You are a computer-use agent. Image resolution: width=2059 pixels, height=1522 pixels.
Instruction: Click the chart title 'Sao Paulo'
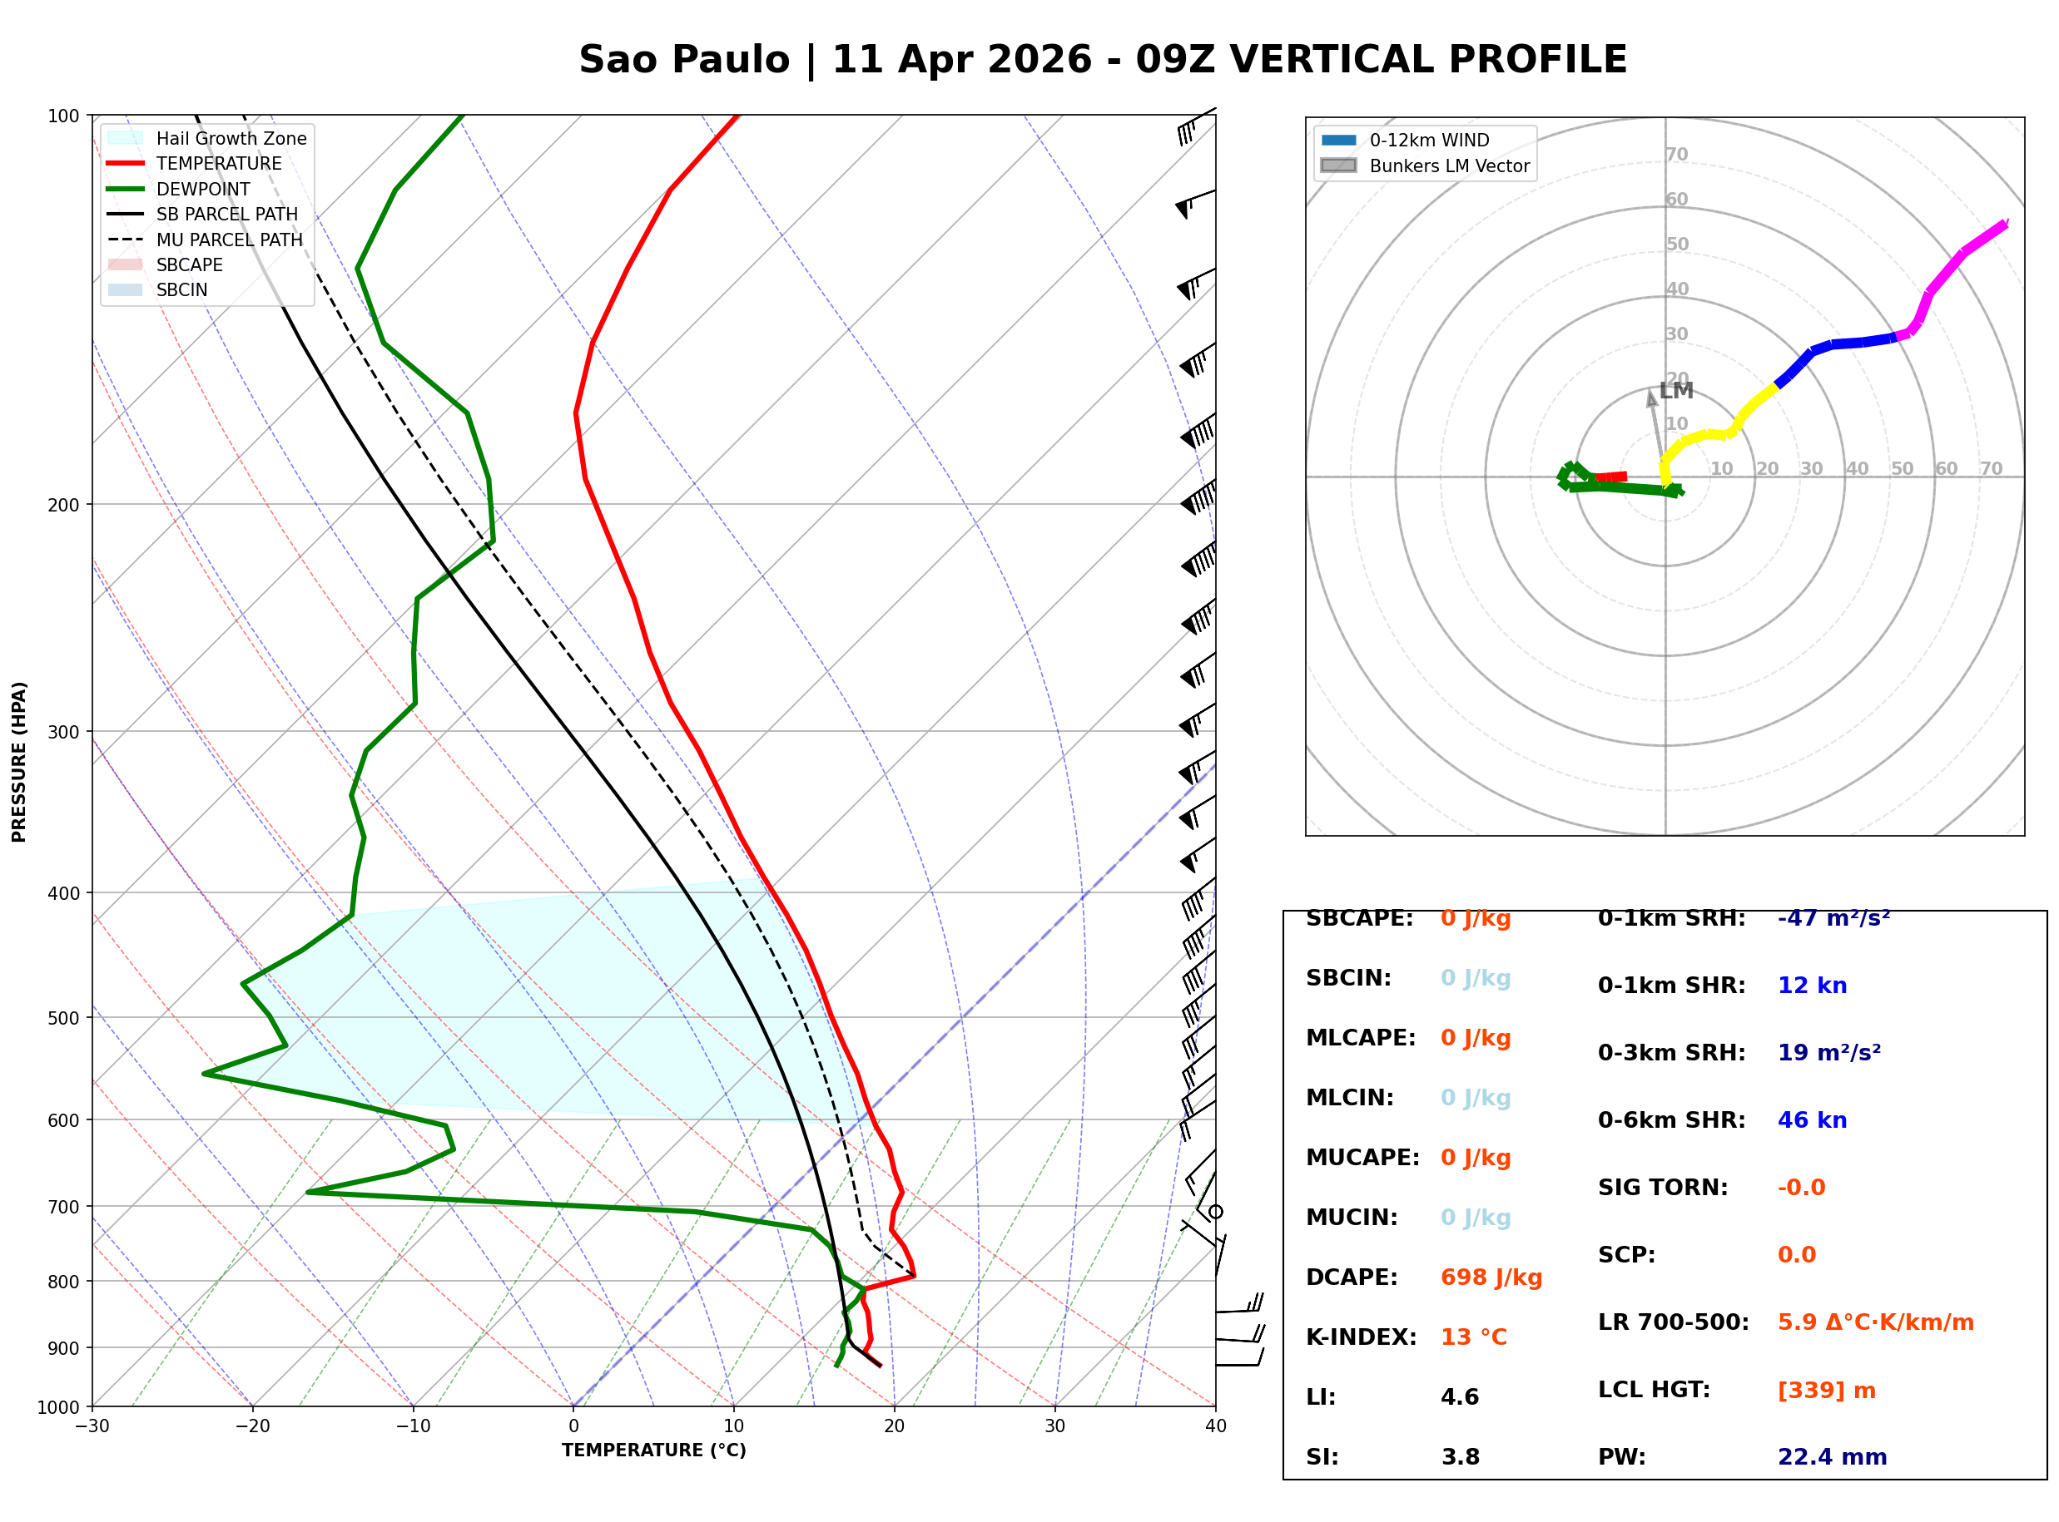click(684, 60)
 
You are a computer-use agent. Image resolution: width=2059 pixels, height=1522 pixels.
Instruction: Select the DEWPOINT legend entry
click(203, 189)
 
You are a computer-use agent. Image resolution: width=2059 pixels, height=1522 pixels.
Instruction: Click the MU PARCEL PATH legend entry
click(229, 240)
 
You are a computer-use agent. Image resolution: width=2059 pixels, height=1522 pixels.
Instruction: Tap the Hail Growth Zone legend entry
click(231, 138)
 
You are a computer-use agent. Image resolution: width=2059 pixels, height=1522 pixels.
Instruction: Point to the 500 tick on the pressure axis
click(63, 1018)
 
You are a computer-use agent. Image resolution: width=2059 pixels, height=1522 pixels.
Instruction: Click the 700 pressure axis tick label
click(63, 1207)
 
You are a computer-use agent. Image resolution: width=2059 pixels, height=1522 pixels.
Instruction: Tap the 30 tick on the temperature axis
click(1055, 1426)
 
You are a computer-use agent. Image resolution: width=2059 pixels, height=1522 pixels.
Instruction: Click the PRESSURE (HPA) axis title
click(19, 762)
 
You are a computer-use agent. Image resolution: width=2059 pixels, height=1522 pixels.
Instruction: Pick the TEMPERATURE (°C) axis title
click(654, 1451)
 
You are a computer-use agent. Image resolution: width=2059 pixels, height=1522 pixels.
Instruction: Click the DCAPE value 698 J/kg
click(1491, 1277)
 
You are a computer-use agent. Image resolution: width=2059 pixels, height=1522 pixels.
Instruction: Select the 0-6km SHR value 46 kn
click(1812, 1120)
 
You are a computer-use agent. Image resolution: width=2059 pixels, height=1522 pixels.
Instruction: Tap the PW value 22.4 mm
click(1833, 1457)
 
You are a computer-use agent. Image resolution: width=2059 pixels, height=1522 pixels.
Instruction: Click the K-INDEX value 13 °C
click(1474, 1337)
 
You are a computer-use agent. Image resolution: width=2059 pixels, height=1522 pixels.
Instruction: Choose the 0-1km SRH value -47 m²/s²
click(1833, 918)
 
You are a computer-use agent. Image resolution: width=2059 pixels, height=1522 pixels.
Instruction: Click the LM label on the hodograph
click(1676, 391)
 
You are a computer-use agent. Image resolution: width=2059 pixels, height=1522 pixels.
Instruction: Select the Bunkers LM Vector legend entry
click(1449, 166)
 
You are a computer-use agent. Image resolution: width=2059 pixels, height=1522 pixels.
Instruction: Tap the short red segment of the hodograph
click(1611, 477)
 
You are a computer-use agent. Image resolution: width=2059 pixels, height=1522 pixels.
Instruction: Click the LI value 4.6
click(1460, 1397)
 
